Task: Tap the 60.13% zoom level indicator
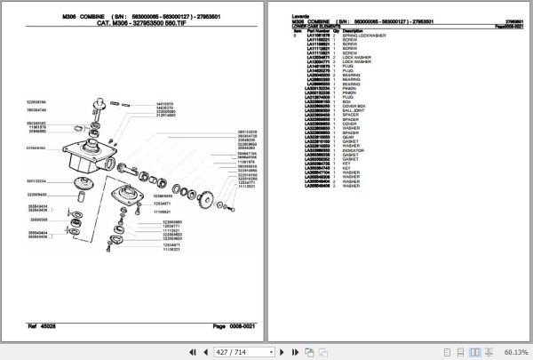pyautogui.click(x=510, y=352)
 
